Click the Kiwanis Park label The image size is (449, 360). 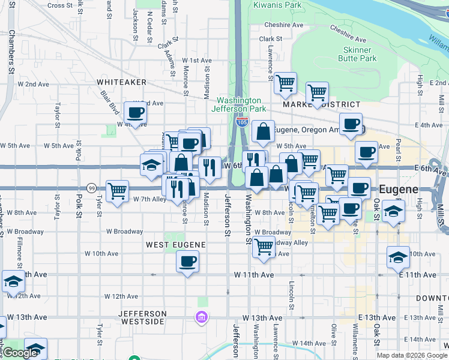click(276, 5)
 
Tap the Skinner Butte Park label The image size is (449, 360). click(360, 54)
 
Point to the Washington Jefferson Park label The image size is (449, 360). click(239, 104)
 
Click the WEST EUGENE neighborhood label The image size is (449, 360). click(176, 245)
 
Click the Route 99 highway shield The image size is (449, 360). click(91, 188)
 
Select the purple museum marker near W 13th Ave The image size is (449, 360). click(202, 316)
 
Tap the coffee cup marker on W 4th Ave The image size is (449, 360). click(135, 112)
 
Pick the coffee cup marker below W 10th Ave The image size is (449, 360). click(187, 262)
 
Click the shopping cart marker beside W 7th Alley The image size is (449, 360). click(117, 191)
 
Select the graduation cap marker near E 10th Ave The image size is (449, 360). click(398, 257)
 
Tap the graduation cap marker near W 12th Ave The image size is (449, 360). click(13, 280)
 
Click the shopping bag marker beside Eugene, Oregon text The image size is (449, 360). click(263, 131)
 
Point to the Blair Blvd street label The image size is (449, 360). click(110, 98)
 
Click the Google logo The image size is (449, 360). click(20, 353)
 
